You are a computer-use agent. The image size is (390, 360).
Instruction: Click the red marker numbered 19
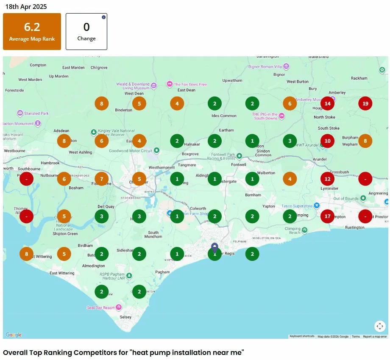pos(365,103)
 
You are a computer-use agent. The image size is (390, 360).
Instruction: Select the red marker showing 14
pos(327,103)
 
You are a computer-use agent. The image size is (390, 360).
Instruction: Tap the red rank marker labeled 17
pos(327,216)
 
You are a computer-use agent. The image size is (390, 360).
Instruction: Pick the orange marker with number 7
pos(102,179)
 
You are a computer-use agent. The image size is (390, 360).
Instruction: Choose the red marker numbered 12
pos(327,179)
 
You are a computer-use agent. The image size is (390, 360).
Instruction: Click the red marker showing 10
pos(327,141)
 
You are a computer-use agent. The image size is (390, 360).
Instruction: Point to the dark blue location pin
pos(215,248)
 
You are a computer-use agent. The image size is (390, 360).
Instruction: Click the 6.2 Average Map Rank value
pos(32,27)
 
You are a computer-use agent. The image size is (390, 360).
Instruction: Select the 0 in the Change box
pos(86,27)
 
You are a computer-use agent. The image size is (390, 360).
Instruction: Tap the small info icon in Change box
pos(103,17)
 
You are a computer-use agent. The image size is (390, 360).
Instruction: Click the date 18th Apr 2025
pos(26,7)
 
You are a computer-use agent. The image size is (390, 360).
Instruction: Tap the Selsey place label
pos(126,317)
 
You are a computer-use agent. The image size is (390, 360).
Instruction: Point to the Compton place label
pos(38,65)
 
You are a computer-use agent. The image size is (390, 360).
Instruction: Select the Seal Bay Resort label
pos(101,308)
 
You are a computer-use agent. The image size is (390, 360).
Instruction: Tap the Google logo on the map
pos(14,335)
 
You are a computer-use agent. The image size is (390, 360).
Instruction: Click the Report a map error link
pos(375,337)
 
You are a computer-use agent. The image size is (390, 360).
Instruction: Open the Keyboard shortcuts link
pos(302,337)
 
